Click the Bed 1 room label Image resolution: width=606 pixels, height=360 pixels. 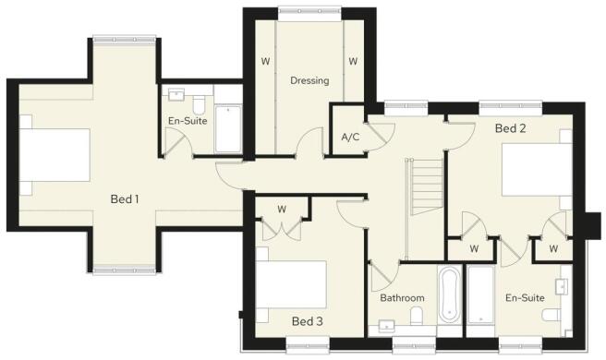point(125,199)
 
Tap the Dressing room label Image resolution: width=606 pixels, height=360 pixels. point(309,80)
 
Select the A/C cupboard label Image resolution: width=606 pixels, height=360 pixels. point(350,137)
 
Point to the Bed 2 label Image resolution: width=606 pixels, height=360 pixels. point(510,128)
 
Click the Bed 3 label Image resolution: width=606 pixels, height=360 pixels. point(308,321)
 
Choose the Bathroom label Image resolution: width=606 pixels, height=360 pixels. point(402,298)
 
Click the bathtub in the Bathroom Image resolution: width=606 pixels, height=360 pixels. point(450,294)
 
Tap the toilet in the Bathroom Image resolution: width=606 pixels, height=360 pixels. point(417,316)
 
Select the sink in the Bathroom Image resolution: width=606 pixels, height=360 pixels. point(387,327)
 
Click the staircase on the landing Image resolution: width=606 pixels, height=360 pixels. point(428,186)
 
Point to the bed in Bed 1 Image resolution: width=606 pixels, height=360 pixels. point(55,155)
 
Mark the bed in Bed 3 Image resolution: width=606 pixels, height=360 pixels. point(291,284)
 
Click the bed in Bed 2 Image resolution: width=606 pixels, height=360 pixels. point(537,170)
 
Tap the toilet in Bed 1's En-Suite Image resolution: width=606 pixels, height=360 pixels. point(199,104)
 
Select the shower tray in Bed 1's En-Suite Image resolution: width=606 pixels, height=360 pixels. point(228,129)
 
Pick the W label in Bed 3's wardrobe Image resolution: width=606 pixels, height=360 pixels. point(282,210)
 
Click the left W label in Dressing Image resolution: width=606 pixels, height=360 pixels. point(265,61)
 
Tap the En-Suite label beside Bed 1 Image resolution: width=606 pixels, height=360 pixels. point(188,121)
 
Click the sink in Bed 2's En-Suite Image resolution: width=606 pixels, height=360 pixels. point(561,286)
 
